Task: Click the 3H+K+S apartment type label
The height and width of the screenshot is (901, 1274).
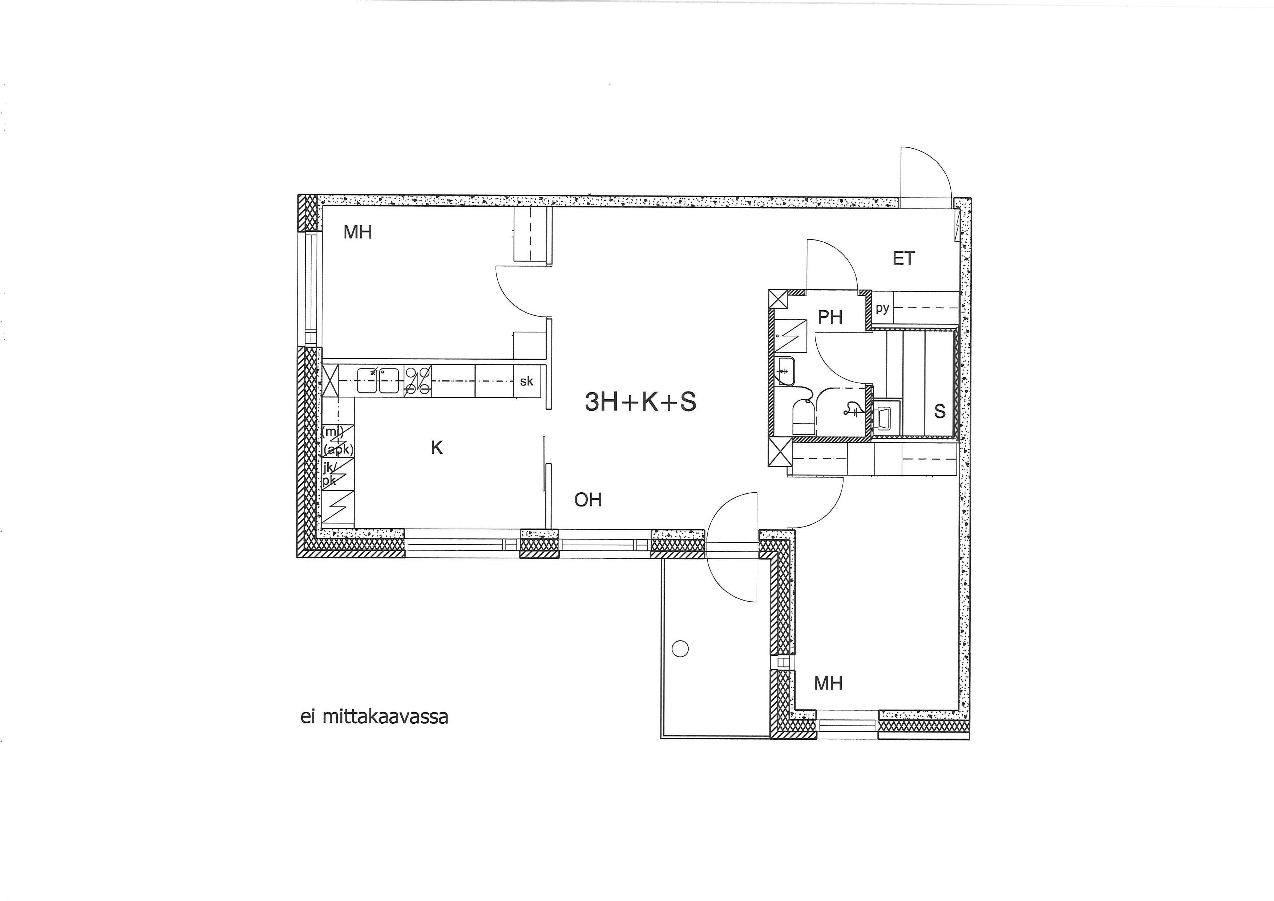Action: coord(640,402)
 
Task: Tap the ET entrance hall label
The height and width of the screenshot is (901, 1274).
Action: coord(903,259)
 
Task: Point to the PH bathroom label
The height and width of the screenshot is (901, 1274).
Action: coord(830,317)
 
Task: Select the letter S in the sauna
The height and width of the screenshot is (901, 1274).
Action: coord(939,412)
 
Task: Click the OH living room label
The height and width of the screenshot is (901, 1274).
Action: coord(588,500)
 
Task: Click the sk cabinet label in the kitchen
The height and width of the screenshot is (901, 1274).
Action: coord(527,381)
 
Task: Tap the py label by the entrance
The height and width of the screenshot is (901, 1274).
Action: coord(882,308)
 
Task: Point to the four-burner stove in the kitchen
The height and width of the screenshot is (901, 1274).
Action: coord(418,381)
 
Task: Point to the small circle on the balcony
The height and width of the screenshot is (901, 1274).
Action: coord(680,648)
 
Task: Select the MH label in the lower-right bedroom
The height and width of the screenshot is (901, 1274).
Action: coord(828,683)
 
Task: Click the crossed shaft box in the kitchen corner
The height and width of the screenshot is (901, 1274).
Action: coord(330,381)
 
